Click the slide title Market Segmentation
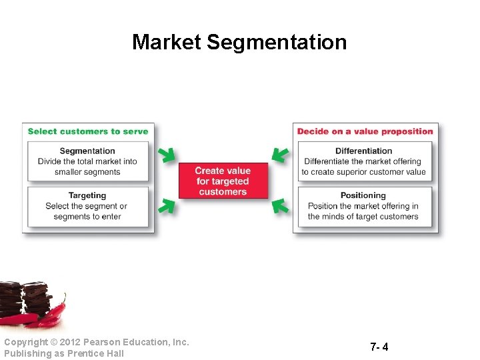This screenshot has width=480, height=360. (239, 42)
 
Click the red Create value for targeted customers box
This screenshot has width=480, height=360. (223, 181)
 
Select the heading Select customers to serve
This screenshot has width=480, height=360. (88, 131)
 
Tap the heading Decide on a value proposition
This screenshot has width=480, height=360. (365, 131)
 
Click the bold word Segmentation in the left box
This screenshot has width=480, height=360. (87, 151)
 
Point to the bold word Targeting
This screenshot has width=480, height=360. (87, 195)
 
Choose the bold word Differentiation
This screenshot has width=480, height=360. (363, 151)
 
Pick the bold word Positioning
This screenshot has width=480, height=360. (363, 195)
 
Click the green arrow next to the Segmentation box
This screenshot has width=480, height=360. (167, 155)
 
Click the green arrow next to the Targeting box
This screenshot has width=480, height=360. (167, 206)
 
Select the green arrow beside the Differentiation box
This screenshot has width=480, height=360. (281, 155)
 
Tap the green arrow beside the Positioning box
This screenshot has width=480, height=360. (281, 206)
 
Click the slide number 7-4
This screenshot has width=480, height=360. (379, 347)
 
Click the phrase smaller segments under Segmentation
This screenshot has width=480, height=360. (87, 172)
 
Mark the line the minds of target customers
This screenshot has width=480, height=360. (363, 217)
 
